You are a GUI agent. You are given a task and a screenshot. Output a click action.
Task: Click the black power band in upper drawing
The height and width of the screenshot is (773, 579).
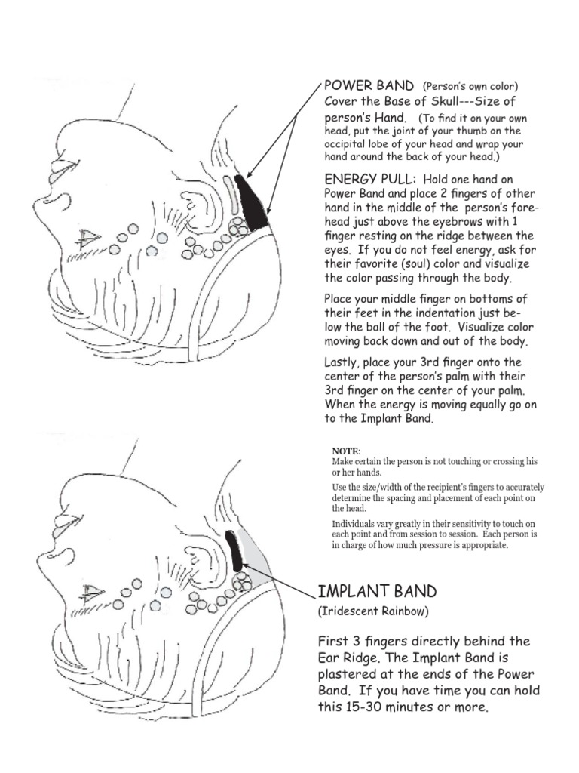click(253, 202)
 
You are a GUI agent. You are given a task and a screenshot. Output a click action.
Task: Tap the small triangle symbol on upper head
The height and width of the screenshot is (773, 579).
click(88, 240)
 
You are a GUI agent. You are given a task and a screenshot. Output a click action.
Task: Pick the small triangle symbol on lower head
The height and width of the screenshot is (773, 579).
click(91, 592)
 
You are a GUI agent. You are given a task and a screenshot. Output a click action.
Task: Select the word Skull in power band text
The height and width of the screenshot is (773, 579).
click(430, 102)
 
